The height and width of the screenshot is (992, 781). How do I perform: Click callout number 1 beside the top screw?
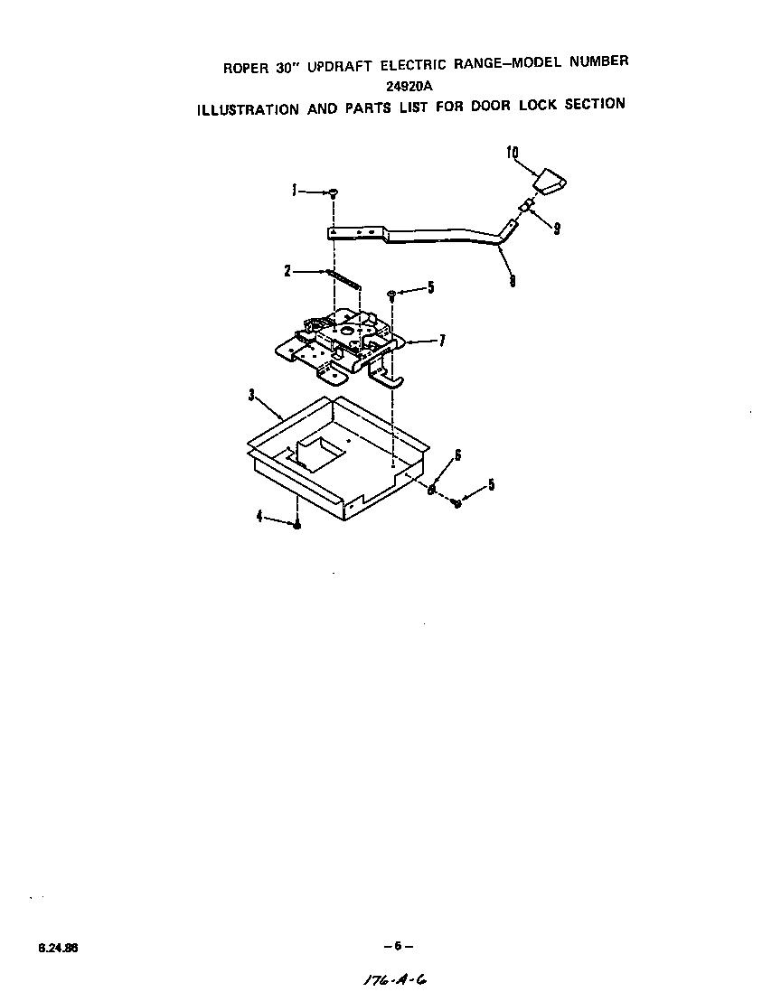pyautogui.click(x=294, y=191)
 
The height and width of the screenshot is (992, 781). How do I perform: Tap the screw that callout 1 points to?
pyautogui.click(x=333, y=192)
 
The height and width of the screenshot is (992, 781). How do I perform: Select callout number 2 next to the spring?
pyautogui.click(x=287, y=270)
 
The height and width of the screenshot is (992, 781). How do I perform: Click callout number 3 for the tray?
pyautogui.click(x=250, y=395)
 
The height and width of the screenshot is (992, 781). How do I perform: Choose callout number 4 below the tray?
pyautogui.click(x=259, y=516)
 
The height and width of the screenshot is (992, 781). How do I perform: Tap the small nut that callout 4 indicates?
pyautogui.click(x=296, y=524)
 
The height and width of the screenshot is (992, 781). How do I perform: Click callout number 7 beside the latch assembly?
pyautogui.click(x=442, y=342)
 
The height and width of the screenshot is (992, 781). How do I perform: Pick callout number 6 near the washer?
pyautogui.click(x=457, y=455)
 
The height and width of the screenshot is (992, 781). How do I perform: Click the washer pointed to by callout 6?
pyautogui.click(x=431, y=489)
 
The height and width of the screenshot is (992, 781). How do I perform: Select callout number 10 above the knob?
pyautogui.click(x=512, y=153)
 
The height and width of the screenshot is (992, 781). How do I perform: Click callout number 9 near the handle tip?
pyautogui.click(x=557, y=229)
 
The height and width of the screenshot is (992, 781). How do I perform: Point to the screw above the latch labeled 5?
pyautogui.click(x=390, y=294)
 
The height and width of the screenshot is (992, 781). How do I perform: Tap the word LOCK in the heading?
pyautogui.click(x=539, y=105)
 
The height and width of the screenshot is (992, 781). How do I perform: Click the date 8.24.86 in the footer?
pyautogui.click(x=58, y=948)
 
